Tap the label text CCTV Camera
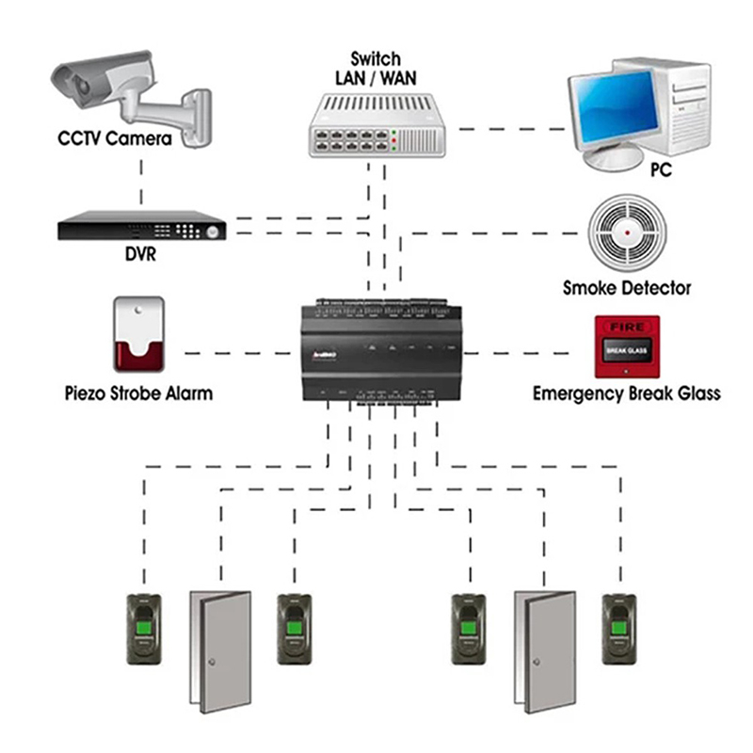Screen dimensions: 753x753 point(115,140)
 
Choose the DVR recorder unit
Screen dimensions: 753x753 point(142,227)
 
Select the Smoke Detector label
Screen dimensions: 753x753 point(627,288)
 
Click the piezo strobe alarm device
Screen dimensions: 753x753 point(138,334)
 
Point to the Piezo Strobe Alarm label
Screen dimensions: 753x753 point(137,393)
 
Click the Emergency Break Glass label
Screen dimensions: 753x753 point(627,393)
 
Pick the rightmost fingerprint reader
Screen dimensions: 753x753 point(618,629)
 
